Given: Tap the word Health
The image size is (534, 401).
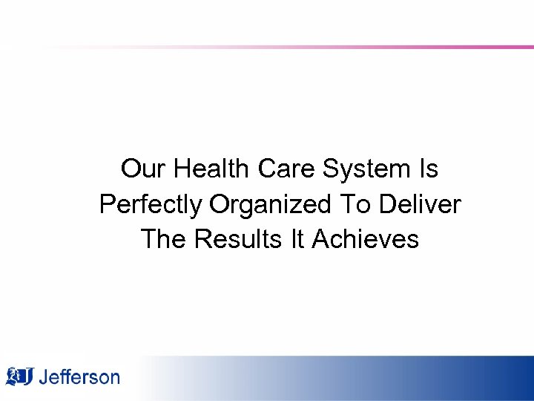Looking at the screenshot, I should click(x=213, y=169).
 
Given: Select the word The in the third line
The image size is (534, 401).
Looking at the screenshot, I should click(x=162, y=239).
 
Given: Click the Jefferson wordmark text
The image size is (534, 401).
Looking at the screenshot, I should click(x=79, y=377).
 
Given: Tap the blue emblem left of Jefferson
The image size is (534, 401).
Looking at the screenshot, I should click(x=19, y=376).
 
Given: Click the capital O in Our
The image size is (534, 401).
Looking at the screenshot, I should click(x=130, y=169).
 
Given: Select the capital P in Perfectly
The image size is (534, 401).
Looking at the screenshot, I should click(x=107, y=204).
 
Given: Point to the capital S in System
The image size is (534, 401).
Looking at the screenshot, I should click(x=332, y=169).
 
